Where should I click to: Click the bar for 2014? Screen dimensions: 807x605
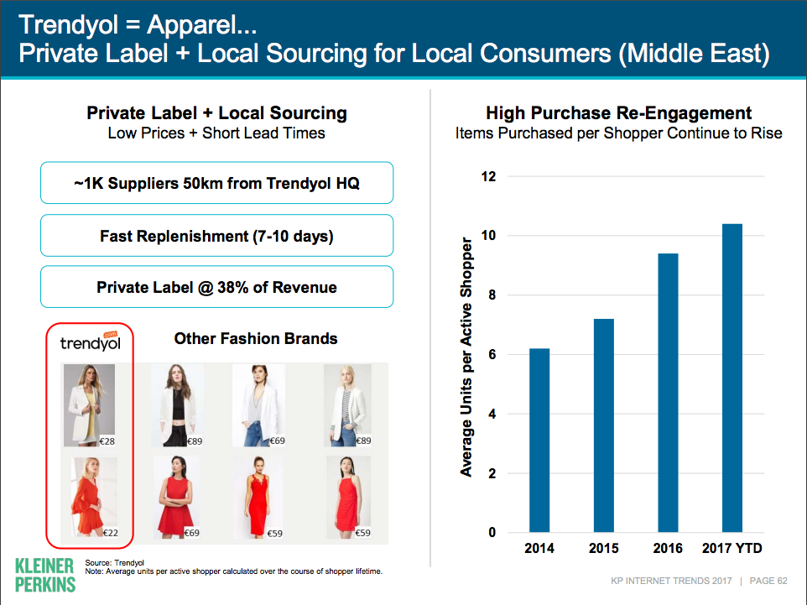coord(539,441)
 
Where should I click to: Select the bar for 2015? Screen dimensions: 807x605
coord(604,425)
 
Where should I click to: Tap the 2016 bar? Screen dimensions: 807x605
coord(668,393)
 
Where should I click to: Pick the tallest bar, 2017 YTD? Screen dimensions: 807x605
coord(732,378)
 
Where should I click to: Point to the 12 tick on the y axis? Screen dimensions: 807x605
coord(488,176)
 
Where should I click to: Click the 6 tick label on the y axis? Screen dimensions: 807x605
coord(492,354)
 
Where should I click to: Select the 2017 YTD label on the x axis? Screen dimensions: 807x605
coord(732,548)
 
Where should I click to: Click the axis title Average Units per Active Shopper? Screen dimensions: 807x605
coord(466,357)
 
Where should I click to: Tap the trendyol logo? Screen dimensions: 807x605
coord(90,342)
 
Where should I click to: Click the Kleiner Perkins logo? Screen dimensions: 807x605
coord(45,575)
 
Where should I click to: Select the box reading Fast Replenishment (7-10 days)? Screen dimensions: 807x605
coord(216,235)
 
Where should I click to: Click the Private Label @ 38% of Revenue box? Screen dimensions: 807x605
coord(216,287)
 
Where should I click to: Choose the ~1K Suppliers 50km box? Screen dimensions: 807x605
coord(216,183)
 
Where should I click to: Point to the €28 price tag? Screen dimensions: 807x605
coord(107,441)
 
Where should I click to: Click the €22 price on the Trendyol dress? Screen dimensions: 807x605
coord(110,533)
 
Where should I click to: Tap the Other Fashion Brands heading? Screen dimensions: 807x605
coord(256,338)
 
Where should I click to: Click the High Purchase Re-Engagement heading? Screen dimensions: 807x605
coord(618,112)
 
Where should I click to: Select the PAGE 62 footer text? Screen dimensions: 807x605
coord(768,581)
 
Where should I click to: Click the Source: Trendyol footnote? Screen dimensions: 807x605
coord(114,563)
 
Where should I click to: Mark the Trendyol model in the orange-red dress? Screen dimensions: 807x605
coord(91,498)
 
